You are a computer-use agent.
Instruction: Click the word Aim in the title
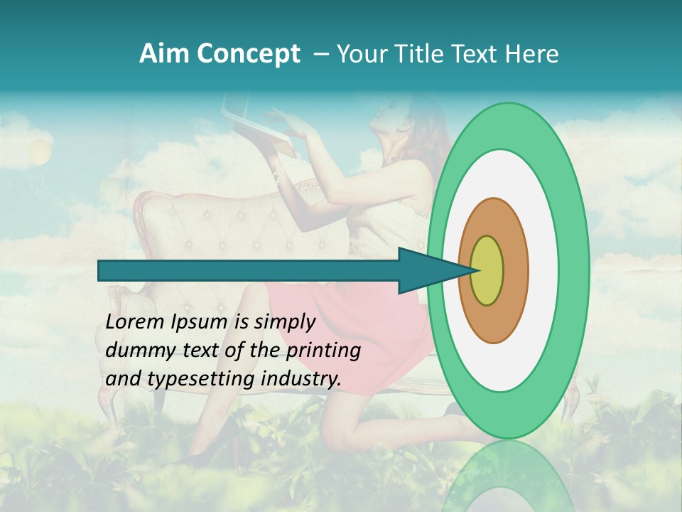point(164,54)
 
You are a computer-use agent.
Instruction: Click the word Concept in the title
point(249,54)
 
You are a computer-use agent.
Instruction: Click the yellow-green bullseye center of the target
point(487,270)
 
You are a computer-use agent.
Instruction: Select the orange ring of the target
point(515,270)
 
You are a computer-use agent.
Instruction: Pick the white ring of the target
point(543,270)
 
